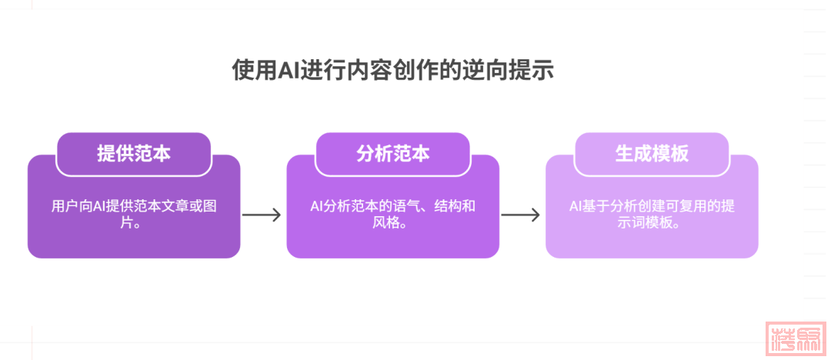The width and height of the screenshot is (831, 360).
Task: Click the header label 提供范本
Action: [x=134, y=154]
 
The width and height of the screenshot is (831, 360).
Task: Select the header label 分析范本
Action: [x=392, y=154]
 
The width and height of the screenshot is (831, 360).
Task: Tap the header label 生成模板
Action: [x=652, y=154]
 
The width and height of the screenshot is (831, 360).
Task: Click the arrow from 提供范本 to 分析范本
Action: [x=262, y=215]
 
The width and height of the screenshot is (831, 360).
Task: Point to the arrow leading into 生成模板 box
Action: [x=521, y=215]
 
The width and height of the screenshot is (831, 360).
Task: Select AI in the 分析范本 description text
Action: [x=317, y=207]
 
